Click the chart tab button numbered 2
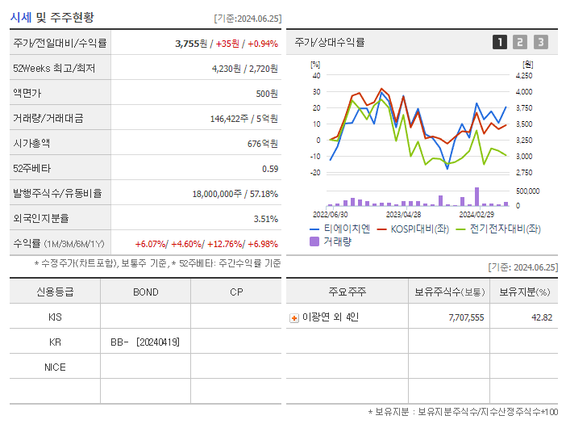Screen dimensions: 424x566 pyautogui.click(x=520, y=42)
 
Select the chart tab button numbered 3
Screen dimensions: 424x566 pyautogui.click(x=540, y=42)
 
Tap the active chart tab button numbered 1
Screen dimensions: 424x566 pyautogui.click(x=500, y=42)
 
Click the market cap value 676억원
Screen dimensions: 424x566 pyautogui.click(x=261, y=143)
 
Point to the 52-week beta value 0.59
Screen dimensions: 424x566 pyautogui.click(x=270, y=168)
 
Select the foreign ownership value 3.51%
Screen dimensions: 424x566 pyautogui.click(x=265, y=218)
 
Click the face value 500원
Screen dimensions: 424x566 pyautogui.click(x=267, y=93)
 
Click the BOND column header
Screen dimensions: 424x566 pyautogui.click(x=145, y=292)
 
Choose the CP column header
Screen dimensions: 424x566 pyautogui.click(x=235, y=292)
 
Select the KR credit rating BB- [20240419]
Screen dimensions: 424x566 pyautogui.click(x=145, y=342)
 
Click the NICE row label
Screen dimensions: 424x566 pyautogui.click(x=55, y=367)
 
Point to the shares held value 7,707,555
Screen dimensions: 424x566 pyautogui.click(x=466, y=317)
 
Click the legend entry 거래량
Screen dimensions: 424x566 pyautogui.click(x=336, y=241)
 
